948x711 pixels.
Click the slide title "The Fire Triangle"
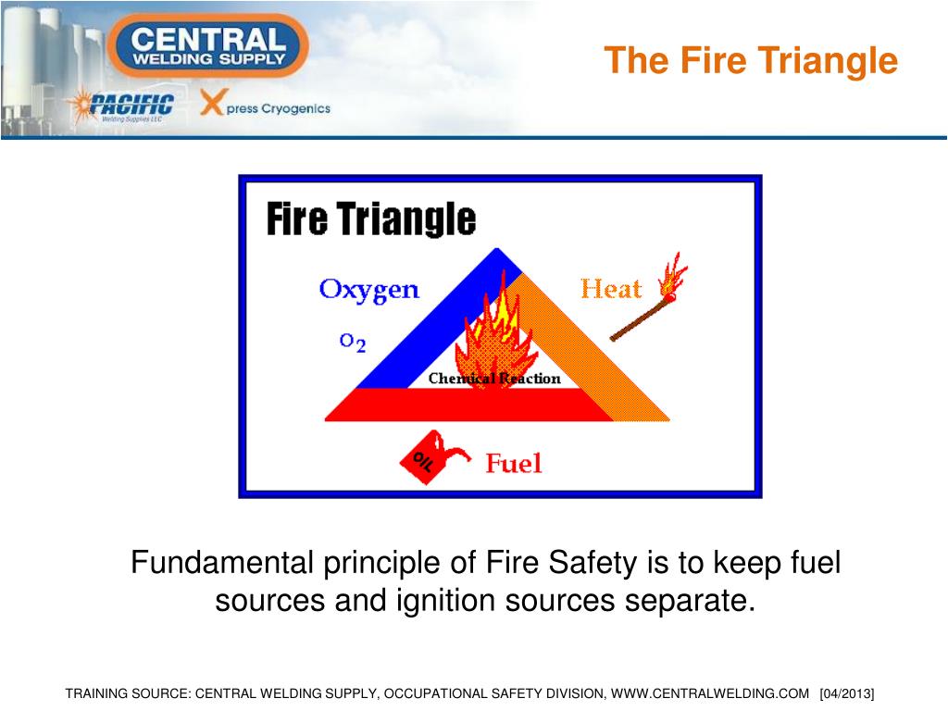(x=751, y=61)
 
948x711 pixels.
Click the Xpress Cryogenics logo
(x=267, y=106)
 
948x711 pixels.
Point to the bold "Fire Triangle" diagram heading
(x=371, y=220)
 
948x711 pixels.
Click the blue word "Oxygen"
(x=368, y=290)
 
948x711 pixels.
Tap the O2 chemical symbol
(x=353, y=343)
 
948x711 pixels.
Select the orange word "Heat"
(x=610, y=290)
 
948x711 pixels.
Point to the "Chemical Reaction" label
(x=494, y=378)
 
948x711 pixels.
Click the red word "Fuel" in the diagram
(x=513, y=463)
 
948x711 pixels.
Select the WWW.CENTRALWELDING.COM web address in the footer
(x=710, y=693)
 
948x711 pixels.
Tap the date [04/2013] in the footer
(x=847, y=693)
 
